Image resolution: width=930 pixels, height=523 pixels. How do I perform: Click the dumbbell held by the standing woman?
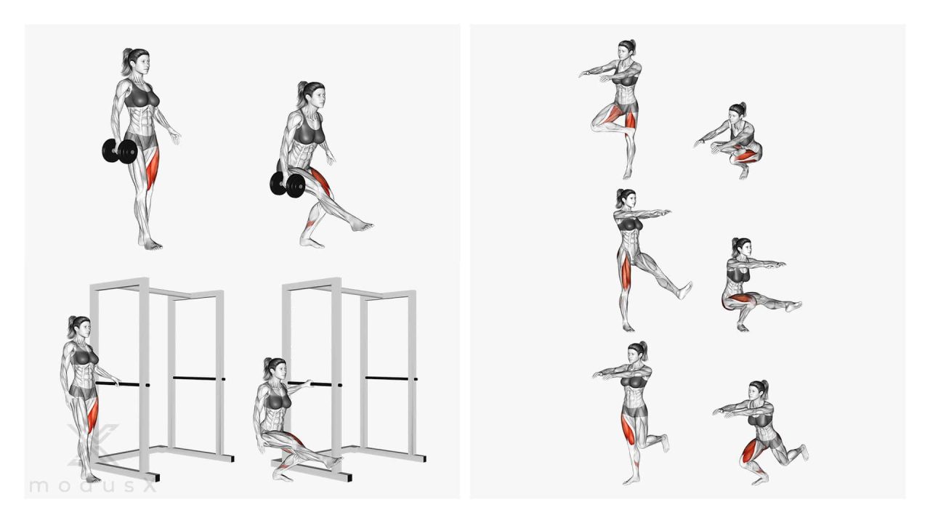click(120, 151)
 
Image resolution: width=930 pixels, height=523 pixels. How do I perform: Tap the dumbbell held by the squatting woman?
click(288, 184)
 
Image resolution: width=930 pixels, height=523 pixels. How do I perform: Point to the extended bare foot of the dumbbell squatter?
click(362, 226)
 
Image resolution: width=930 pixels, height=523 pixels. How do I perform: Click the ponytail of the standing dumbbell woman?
click(126, 62)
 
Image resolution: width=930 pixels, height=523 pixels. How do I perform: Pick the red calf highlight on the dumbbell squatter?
click(310, 224)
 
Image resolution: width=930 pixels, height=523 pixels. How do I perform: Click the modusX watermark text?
click(93, 486)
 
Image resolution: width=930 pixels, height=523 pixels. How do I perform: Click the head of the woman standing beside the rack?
click(80, 327)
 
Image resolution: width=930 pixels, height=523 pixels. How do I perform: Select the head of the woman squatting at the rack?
click(275, 369)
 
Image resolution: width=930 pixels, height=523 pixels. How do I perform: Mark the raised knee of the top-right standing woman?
click(595, 124)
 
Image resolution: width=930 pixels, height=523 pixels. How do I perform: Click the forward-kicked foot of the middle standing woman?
click(684, 290)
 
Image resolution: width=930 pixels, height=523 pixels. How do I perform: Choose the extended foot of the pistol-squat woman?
click(793, 307)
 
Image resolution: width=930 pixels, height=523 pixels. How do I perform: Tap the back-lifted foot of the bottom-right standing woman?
click(665, 443)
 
